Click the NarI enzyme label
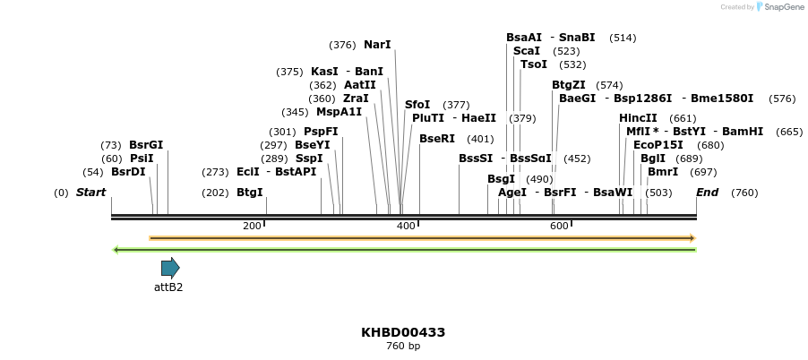(x=377, y=45)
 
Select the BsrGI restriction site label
(x=146, y=145)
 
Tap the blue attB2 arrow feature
(x=170, y=267)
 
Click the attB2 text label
(x=168, y=287)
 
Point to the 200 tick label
(x=252, y=226)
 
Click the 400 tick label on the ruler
(x=406, y=226)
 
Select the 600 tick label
(x=559, y=226)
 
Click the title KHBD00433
(x=403, y=332)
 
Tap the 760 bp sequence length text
(x=403, y=347)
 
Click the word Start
(x=90, y=193)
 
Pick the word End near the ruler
(x=707, y=193)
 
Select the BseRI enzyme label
(x=437, y=139)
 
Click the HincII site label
(x=638, y=118)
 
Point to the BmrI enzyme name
(x=663, y=172)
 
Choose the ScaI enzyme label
(x=527, y=51)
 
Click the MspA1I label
(x=339, y=112)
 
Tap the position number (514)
(x=623, y=38)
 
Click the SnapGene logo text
(x=782, y=7)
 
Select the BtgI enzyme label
(x=250, y=193)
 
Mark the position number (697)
(x=703, y=172)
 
